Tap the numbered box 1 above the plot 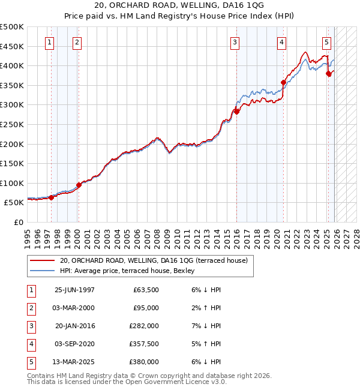point(48,42)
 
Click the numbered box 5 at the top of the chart point(326,42)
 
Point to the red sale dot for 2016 point(237,112)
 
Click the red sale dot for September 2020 point(283,82)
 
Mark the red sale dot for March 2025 point(329,74)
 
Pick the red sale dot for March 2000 point(79,185)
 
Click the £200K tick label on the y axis point(12,144)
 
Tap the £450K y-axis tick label point(12,46)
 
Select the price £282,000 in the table point(145,326)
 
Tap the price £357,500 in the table point(145,344)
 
